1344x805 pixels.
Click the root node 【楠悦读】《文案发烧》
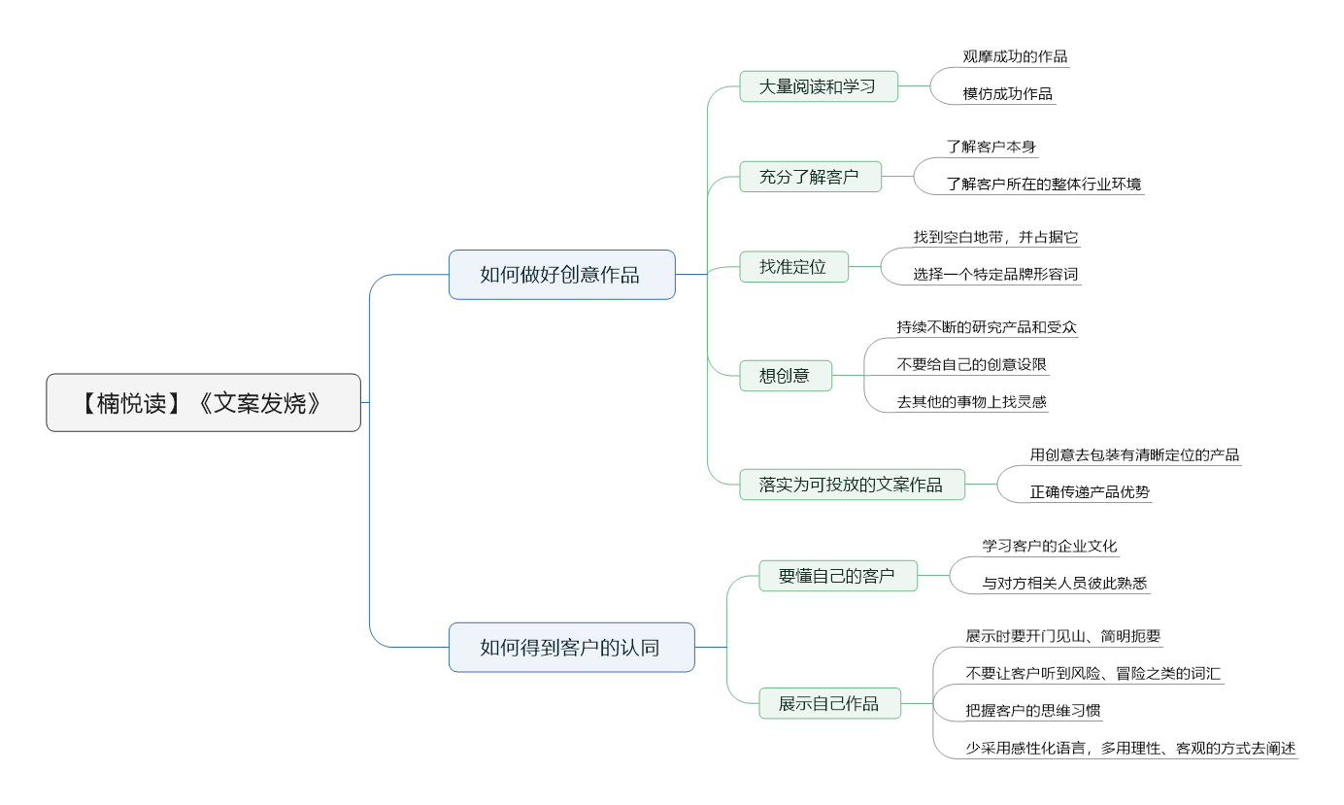pos(203,403)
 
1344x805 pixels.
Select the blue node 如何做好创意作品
pos(561,275)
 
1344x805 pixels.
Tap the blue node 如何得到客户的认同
pos(571,648)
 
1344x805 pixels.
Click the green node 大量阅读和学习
pos(818,86)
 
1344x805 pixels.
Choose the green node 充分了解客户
pos(810,177)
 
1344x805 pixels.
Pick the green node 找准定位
pos(793,267)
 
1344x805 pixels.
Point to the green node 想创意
pos(785,376)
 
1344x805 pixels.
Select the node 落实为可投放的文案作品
pos(852,485)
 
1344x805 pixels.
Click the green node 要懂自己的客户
pos(837,576)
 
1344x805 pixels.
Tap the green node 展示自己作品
pos(829,704)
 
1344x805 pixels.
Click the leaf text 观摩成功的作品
pos(1015,56)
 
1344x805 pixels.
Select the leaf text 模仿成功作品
pos(1008,94)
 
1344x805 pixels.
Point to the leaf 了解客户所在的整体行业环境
pos(1045,184)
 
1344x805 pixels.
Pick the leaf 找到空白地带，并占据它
pos(995,237)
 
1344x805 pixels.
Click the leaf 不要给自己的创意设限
pos(972,364)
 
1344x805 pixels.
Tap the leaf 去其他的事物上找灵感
pos(972,402)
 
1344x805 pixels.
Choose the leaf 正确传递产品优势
pos(1090,492)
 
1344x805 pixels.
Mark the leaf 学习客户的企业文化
pos(1050,546)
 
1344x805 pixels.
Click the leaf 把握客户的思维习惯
pos(1033,711)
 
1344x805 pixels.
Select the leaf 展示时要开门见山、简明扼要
pos(1063,637)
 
